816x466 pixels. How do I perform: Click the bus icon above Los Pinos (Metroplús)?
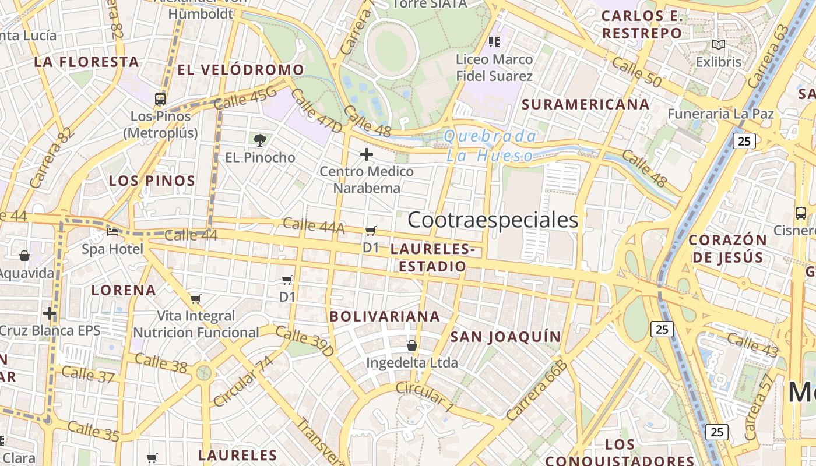(x=160, y=99)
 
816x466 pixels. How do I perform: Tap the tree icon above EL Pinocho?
(x=260, y=140)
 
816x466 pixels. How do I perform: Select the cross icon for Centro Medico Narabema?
(x=367, y=154)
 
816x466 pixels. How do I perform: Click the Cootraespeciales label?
(x=493, y=220)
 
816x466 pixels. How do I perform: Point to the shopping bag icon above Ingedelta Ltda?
(x=412, y=345)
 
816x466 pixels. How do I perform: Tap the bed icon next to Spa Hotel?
(x=112, y=232)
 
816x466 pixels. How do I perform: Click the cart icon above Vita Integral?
(x=196, y=299)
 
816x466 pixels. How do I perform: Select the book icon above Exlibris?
(x=719, y=45)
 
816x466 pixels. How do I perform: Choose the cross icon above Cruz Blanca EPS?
(x=50, y=313)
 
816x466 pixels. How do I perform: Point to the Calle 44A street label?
(x=314, y=226)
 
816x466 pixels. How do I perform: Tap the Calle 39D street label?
(x=304, y=341)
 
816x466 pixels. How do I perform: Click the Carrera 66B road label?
(x=536, y=390)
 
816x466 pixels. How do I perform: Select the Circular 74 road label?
(x=243, y=382)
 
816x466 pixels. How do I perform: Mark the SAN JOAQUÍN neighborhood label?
(x=505, y=337)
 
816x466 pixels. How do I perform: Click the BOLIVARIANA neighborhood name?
(x=385, y=316)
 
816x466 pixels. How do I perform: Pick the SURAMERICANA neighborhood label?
(x=585, y=105)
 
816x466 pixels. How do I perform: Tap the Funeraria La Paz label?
(x=720, y=114)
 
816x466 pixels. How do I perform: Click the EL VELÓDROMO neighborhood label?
(x=241, y=70)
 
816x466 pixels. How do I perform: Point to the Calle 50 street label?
(x=636, y=73)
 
